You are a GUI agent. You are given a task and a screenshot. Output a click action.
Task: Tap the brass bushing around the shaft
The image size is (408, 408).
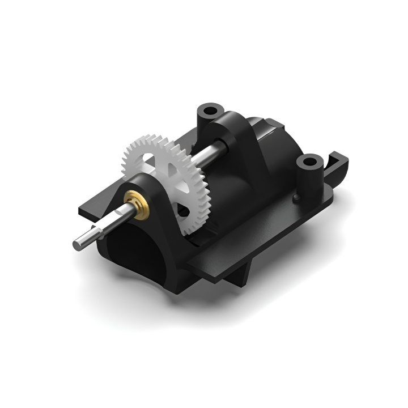135,199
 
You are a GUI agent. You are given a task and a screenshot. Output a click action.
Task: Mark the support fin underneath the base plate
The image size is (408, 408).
241,275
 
